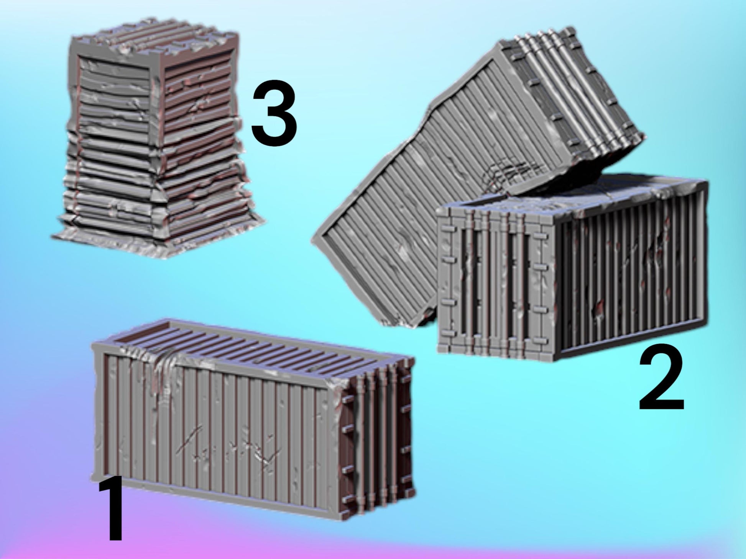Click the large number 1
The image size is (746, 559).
click(x=112, y=507)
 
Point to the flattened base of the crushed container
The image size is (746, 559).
click(x=157, y=237)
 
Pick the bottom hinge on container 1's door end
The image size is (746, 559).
click(x=347, y=499)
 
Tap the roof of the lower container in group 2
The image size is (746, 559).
click(x=575, y=193)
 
